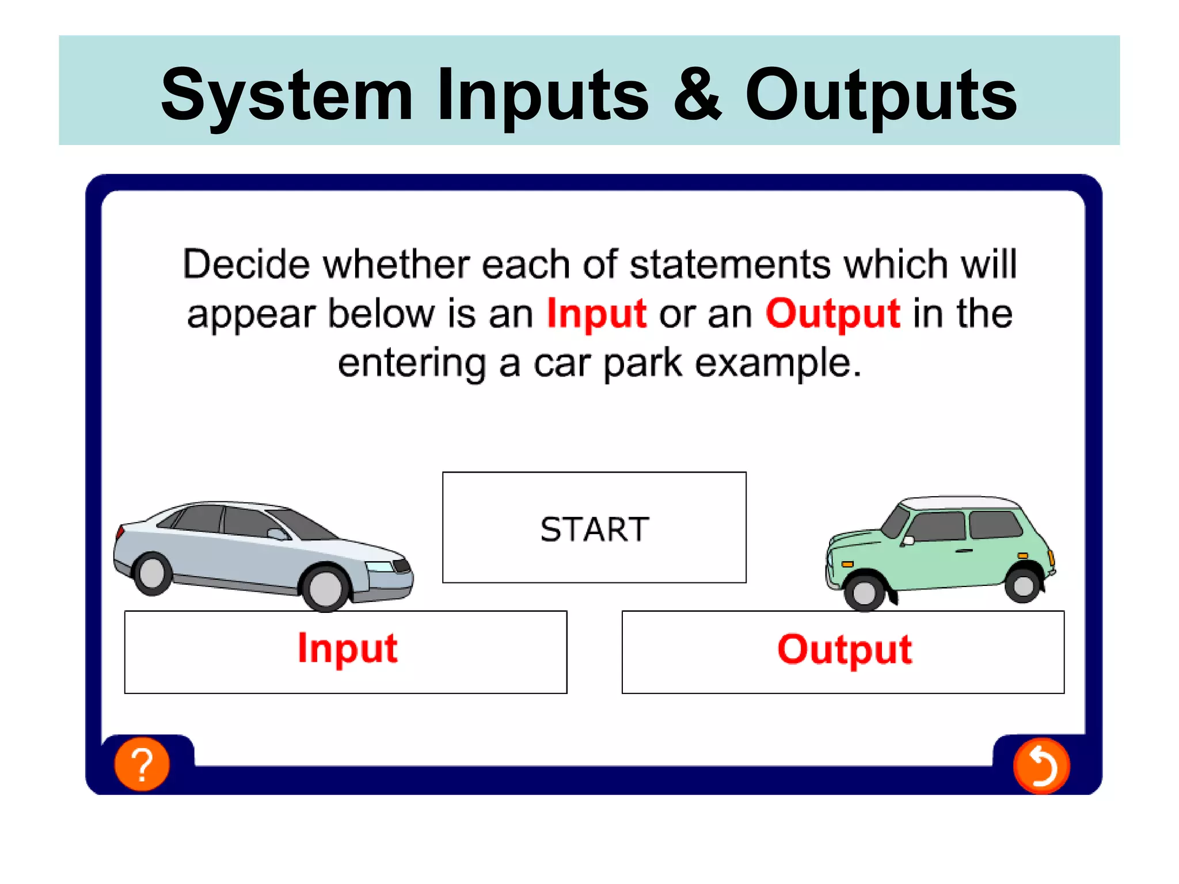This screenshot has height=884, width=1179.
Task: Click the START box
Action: [x=594, y=528]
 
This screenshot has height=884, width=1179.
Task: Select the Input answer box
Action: [x=345, y=651]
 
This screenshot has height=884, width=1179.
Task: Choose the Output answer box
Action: [x=843, y=651]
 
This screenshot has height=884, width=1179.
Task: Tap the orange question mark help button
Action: [x=142, y=764]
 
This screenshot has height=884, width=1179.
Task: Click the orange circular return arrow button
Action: [x=1041, y=766]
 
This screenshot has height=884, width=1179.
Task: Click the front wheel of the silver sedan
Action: [x=325, y=588]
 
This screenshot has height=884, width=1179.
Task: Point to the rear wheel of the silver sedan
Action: [x=152, y=573]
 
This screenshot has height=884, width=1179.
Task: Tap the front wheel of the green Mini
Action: [x=864, y=591]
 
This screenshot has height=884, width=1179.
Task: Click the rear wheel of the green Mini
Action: [x=1023, y=585]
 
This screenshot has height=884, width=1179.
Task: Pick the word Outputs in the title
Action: [x=881, y=96]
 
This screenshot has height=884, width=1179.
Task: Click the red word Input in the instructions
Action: [x=596, y=314]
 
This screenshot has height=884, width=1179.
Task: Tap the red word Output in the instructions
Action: [x=832, y=314]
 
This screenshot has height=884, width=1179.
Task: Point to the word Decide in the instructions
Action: [x=246, y=264]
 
